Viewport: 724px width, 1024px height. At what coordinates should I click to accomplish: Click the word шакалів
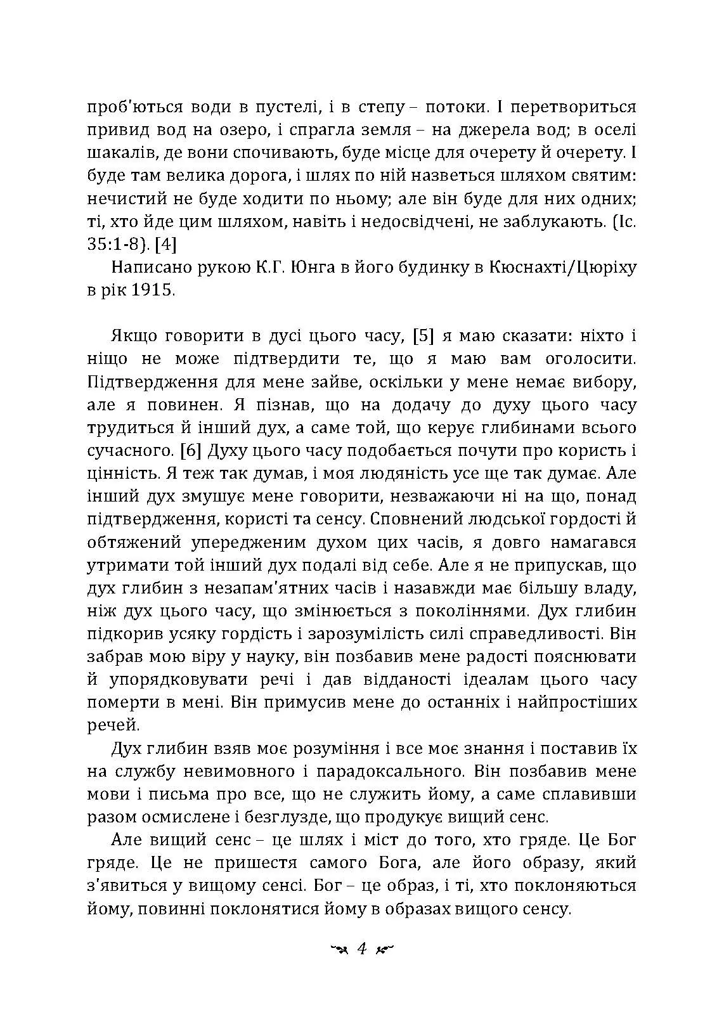118,153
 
